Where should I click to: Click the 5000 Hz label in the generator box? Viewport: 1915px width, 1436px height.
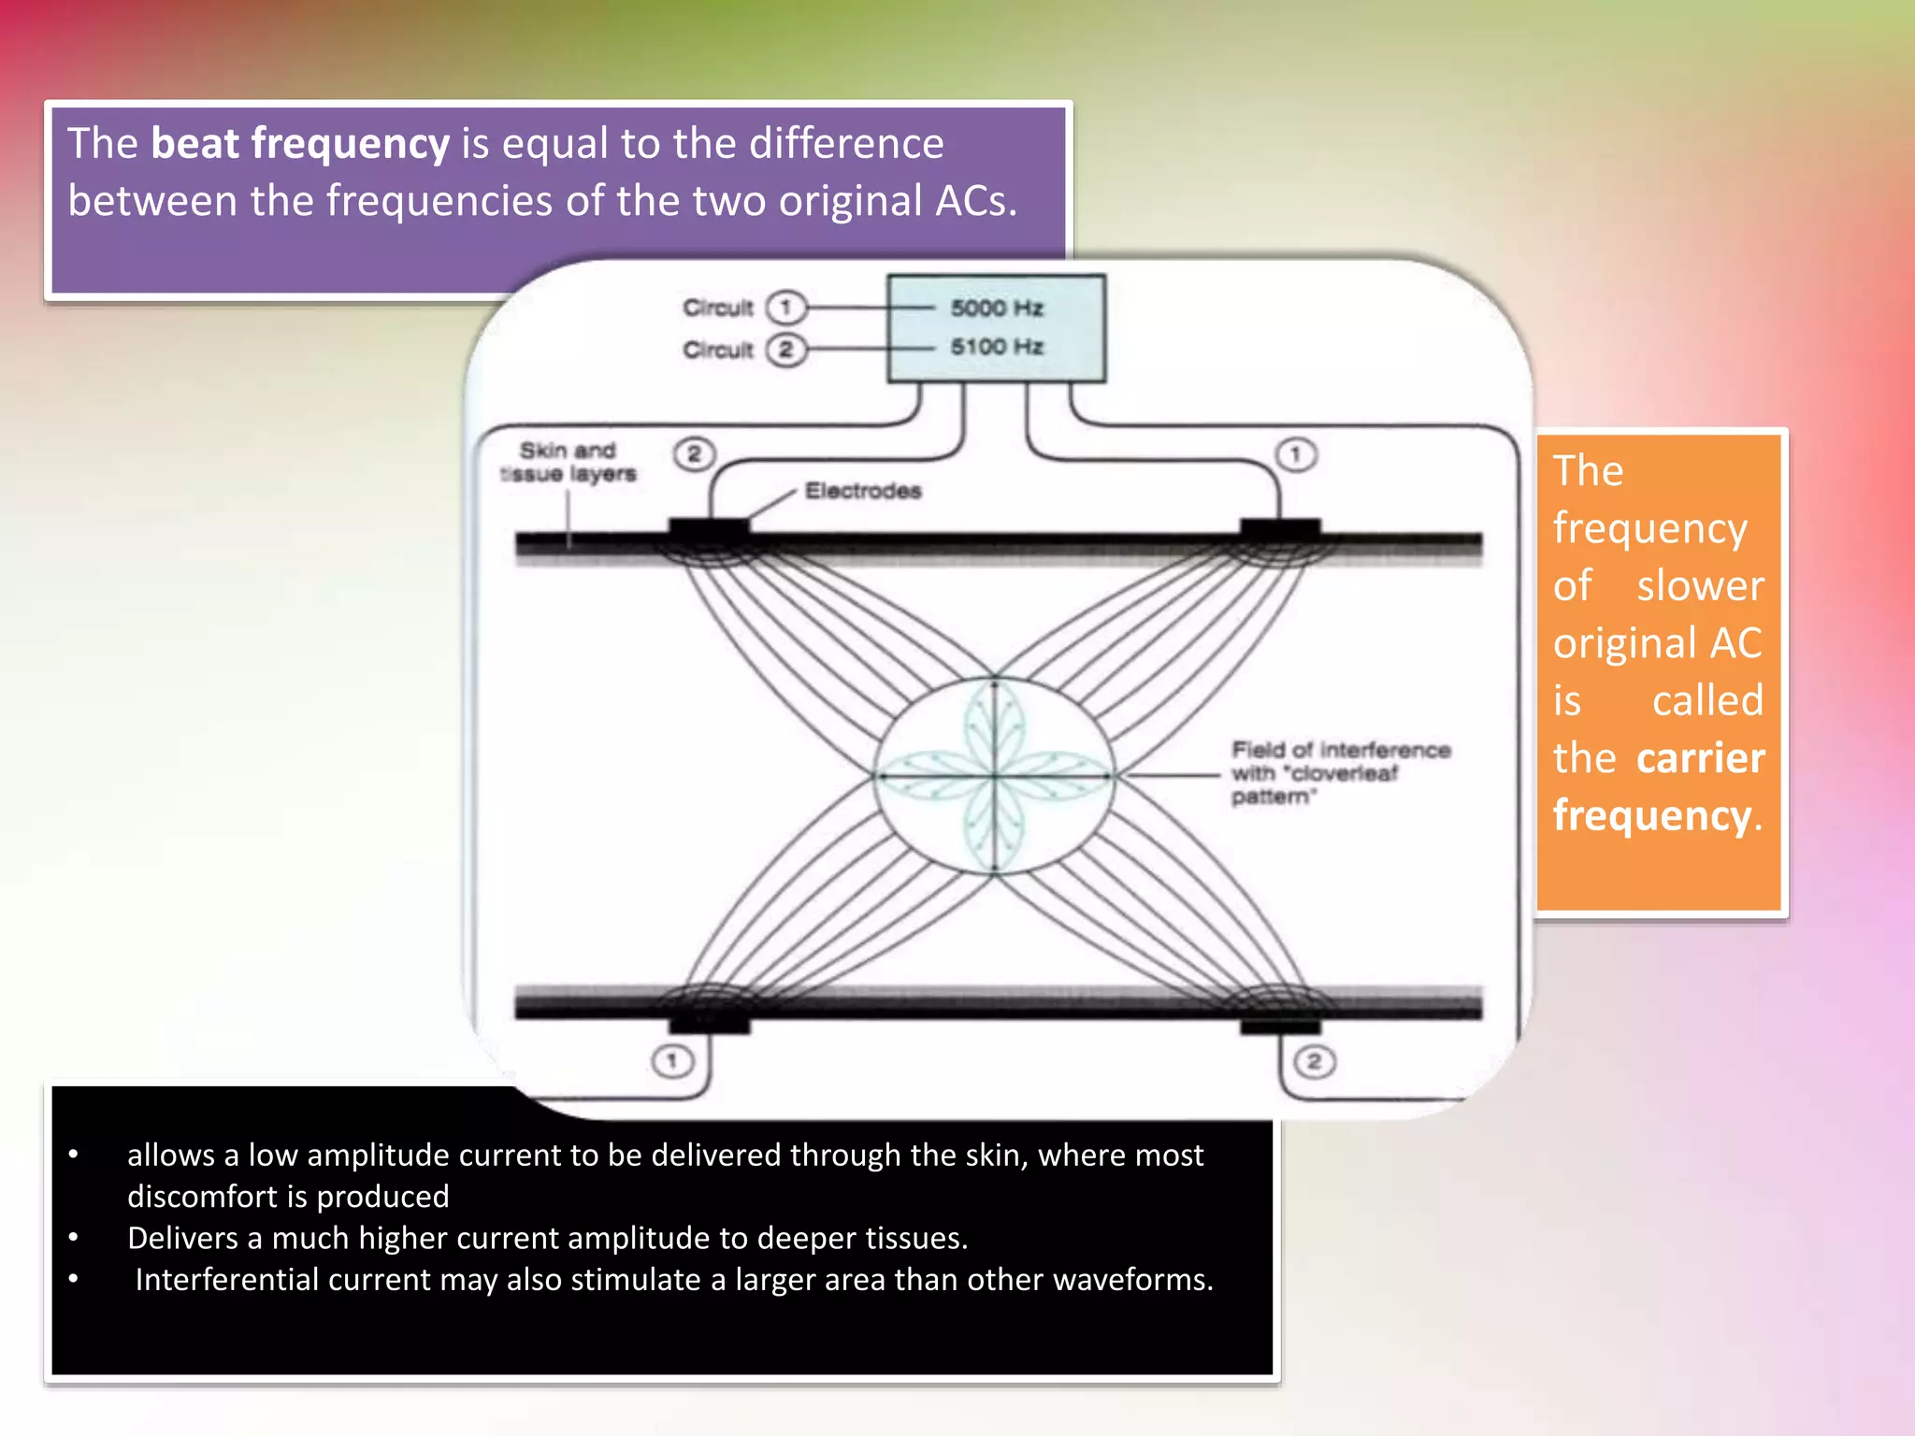(x=996, y=308)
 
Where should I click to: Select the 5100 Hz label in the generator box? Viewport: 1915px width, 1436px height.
(x=996, y=347)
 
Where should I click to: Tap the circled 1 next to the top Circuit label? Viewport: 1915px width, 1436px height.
(x=785, y=307)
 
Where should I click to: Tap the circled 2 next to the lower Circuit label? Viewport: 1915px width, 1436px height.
(x=785, y=350)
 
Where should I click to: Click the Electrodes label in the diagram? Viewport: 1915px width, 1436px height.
(x=862, y=491)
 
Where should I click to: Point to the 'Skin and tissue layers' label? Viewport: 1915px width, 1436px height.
(x=568, y=462)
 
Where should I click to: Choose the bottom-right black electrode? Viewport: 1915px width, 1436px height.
(x=1280, y=1023)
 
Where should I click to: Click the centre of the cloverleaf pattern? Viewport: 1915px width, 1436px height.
(x=995, y=775)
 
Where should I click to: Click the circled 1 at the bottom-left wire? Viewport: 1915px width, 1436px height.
(x=672, y=1061)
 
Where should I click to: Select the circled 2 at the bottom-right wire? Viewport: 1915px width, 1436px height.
(x=1314, y=1061)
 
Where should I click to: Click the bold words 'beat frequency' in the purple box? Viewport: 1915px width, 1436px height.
(x=300, y=144)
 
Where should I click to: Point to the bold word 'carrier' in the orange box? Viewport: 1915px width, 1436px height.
(x=1700, y=758)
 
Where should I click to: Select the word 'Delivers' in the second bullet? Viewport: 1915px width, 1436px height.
(x=182, y=1239)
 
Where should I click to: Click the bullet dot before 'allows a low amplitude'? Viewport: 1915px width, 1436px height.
(x=73, y=1156)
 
